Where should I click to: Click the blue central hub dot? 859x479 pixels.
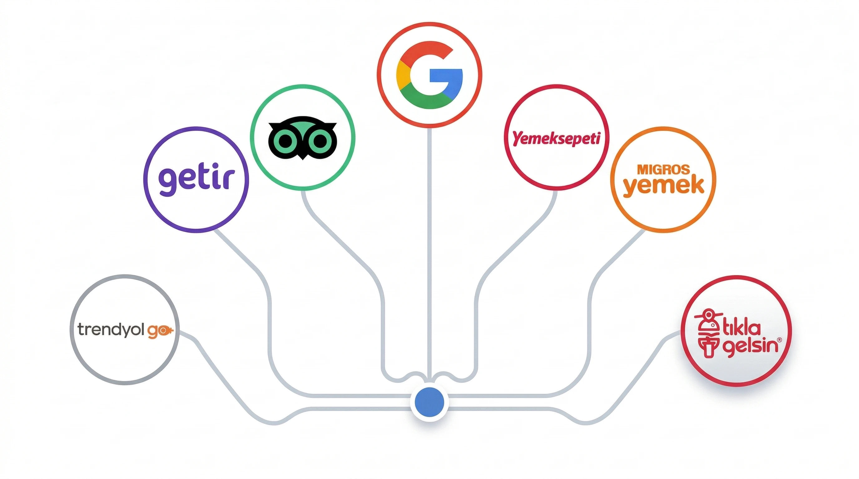(x=430, y=402)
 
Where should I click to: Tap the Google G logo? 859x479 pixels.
(x=430, y=75)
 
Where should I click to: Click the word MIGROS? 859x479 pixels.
(x=663, y=170)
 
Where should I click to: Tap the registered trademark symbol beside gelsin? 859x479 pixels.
(x=779, y=340)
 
